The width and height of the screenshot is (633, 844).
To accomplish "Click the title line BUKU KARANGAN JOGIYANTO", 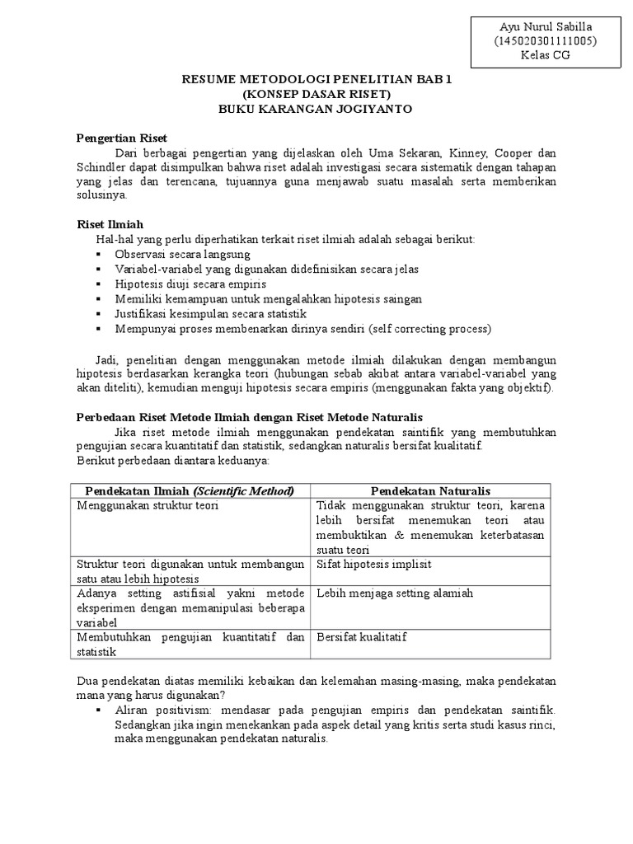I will point(316,109).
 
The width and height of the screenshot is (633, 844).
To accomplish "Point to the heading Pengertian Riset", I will point(122,138).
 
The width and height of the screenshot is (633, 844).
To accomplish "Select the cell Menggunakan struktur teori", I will point(148,505).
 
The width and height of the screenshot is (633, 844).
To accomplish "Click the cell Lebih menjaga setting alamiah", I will point(394,593).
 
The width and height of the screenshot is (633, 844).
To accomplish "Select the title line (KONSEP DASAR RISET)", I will point(316,94).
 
